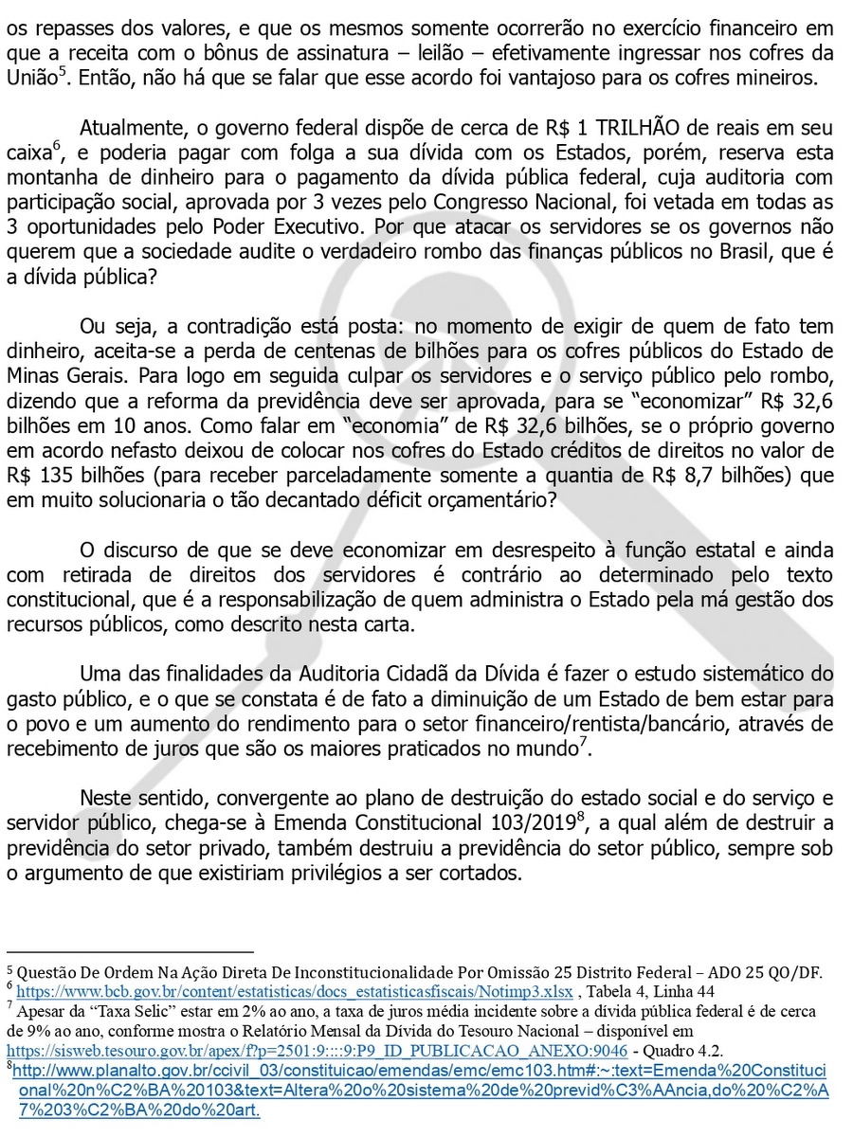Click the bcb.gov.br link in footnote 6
pyautogui.click(x=295, y=991)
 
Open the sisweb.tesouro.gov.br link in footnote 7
pyautogui.click(x=317, y=1050)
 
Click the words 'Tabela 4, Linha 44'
pyautogui.click(x=655, y=991)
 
